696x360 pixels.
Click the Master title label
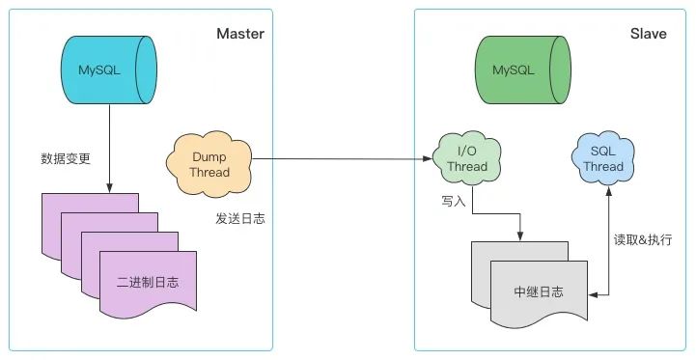pos(240,34)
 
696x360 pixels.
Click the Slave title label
pos(648,34)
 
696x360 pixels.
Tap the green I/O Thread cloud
pos(466,159)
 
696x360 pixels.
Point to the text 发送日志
pos(240,218)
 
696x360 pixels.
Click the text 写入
pos(454,201)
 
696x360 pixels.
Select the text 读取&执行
pos(643,239)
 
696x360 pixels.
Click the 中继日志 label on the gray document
pos(540,291)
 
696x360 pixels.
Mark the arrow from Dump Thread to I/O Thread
pos(338,159)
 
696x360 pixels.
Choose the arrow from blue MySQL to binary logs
pos(108,145)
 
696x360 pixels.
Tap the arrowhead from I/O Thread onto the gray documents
pos(522,235)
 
